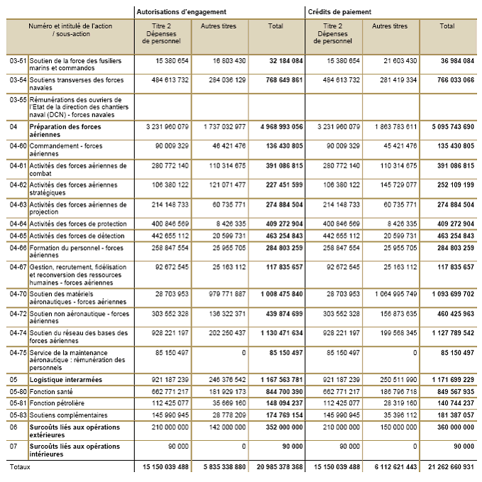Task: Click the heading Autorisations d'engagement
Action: coord(182,11)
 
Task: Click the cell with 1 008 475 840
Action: coord(276,293)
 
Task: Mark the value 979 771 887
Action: coord(223,293)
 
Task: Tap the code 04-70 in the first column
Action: coord(17,293)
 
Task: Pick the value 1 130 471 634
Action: coord(276,333)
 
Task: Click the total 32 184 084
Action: coord(282,61)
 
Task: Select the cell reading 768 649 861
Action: coord(280,80)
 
